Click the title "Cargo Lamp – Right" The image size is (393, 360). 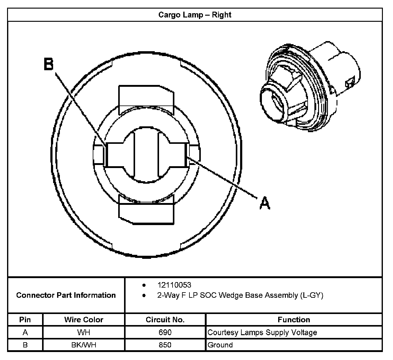pos(195,15)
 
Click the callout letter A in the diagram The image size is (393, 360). pos(265,203)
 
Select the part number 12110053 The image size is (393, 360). pos(174,285)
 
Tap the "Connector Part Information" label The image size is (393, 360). pos(66,295)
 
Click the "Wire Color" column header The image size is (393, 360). pos(84,320)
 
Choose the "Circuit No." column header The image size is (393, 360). pos(165,320)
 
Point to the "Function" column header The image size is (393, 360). pos(294,320)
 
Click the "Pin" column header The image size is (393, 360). pos(25,320)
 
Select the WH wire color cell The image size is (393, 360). pos(84,332)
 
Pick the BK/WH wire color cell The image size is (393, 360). pos(84,345)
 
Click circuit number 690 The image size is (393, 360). pos(165,332)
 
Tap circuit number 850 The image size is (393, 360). pos(165,345)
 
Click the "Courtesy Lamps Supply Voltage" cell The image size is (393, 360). pos(262,332)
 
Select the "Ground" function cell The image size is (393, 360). pos(220,345)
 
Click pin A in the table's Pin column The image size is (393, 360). pos(25,332)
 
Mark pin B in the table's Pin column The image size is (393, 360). pos(25,345)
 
